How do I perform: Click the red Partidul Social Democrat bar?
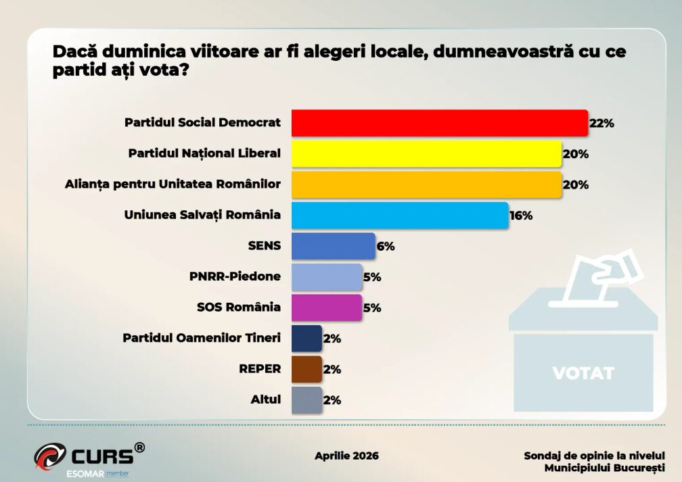(x=439, y=123)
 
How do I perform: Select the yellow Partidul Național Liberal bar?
(x=426, y=153)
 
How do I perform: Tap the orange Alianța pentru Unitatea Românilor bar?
(x=426, y=184)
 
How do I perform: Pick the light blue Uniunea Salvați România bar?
(x=399, y=215)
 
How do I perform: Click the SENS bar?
(x=333, y=246)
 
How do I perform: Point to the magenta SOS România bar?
(x=327, y=308)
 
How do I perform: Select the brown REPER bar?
(x=306, y=369)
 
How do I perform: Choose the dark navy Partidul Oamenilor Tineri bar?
(x=306, y=338)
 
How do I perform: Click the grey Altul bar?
(x=306, y=400)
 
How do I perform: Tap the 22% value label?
(x=601, y=123)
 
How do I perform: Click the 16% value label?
(x=521, y=216)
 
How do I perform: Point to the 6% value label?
(x=386, y=246)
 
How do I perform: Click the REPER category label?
(x=260, y=369)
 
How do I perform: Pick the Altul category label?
(x=265, y=400)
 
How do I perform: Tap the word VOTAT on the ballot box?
(x=583, y=372)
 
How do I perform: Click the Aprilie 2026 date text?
(x=346, y=455)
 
